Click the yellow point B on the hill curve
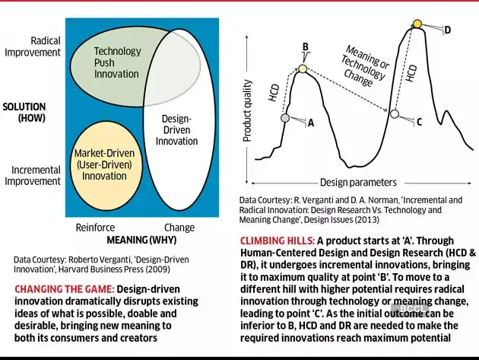pyautogui.click(x=303, y=69)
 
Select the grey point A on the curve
pyautogui.click(x=284, y=118)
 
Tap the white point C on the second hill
pyautogui.click(x=394, y=114)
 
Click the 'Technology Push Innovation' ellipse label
pyautogui.click(x=116, y=62)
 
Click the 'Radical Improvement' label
pyautogui.click(x=34, y=46)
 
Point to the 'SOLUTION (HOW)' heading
pyautogui.click(x=24, y=112)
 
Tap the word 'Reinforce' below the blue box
pyautogui.click(x=95, y=228)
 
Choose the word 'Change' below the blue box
pyautogui.click(x=179, y=228)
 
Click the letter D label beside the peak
pyautogui.click(x=447, y=30)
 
